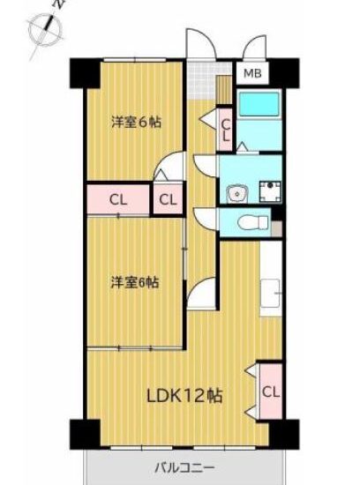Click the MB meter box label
coord(252,73)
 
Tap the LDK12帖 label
coord(184,396)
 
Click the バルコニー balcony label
coord(184,466)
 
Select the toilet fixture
coord(253,222)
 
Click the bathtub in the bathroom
coord(259,105)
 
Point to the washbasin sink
coord(237,194)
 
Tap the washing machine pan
coord(270,191)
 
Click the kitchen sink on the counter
coord(271,293)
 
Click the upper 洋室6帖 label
coord(136,123)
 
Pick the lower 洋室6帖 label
coord(135,282)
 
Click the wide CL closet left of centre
coord(118,200)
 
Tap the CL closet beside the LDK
coord(271,392)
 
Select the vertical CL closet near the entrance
coord(226,130)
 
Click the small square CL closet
coord(168,199)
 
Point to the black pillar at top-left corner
coord(85,73)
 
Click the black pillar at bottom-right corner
coord(284,434)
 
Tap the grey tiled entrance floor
coord(202,79)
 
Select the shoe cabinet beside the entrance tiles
coord(223,90)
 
